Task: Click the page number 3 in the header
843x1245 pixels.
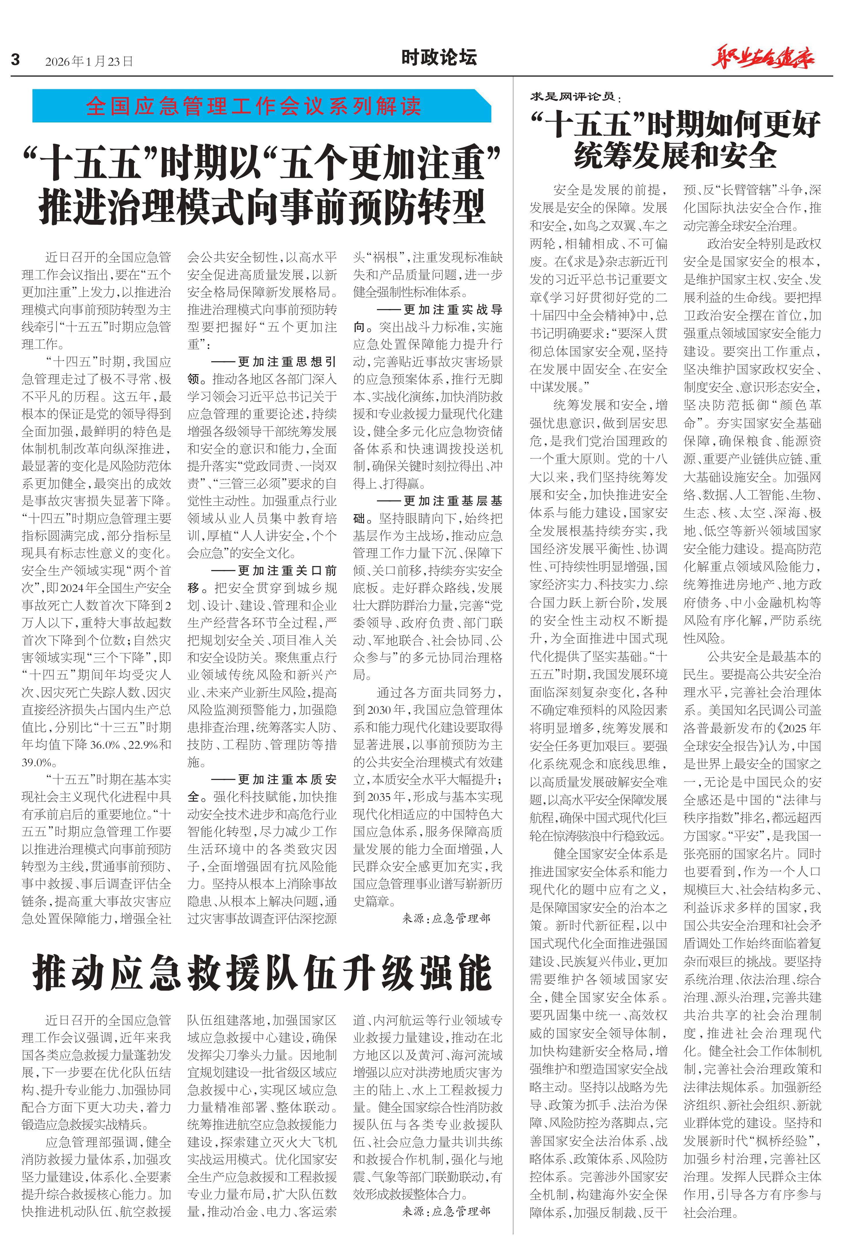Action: (x=16, y=59)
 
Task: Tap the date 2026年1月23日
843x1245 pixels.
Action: (x=89, y=61)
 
